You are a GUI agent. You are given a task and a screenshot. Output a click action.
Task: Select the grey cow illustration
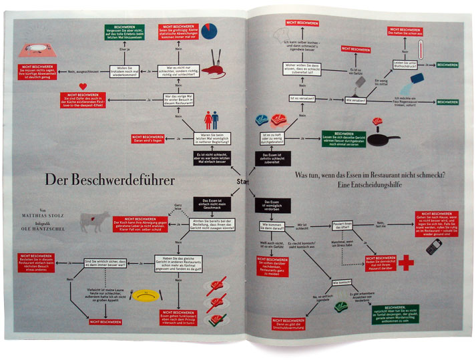93,222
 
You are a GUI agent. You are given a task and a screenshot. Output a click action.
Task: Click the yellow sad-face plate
146,295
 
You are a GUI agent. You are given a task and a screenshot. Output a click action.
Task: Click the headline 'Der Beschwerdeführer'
109,180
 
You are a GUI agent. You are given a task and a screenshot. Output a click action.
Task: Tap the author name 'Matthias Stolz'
58,215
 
